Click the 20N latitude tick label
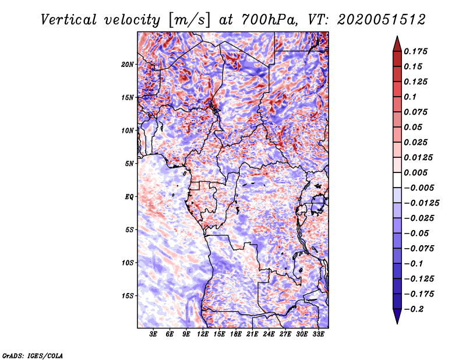[x=128, y=64]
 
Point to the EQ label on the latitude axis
[x=129, y=196]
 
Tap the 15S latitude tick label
[x=128, y=296]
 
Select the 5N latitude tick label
[x=129, y=164]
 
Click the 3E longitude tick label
[x=154, y=334]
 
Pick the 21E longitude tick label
[x=252, y=334]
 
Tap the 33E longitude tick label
[x=318, y=334]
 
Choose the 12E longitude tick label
[x=203, y=334]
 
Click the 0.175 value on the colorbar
[x=416, y=51]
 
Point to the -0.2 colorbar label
[x=414, y=309]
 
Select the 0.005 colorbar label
[x=416, y=172]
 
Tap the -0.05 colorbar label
[x=416, y=233]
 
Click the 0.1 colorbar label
[x=411, y=97]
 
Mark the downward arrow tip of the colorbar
[x=397, y=322]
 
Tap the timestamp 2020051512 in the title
[x=374, y=19]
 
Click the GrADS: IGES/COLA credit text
[x=33, y=355]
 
